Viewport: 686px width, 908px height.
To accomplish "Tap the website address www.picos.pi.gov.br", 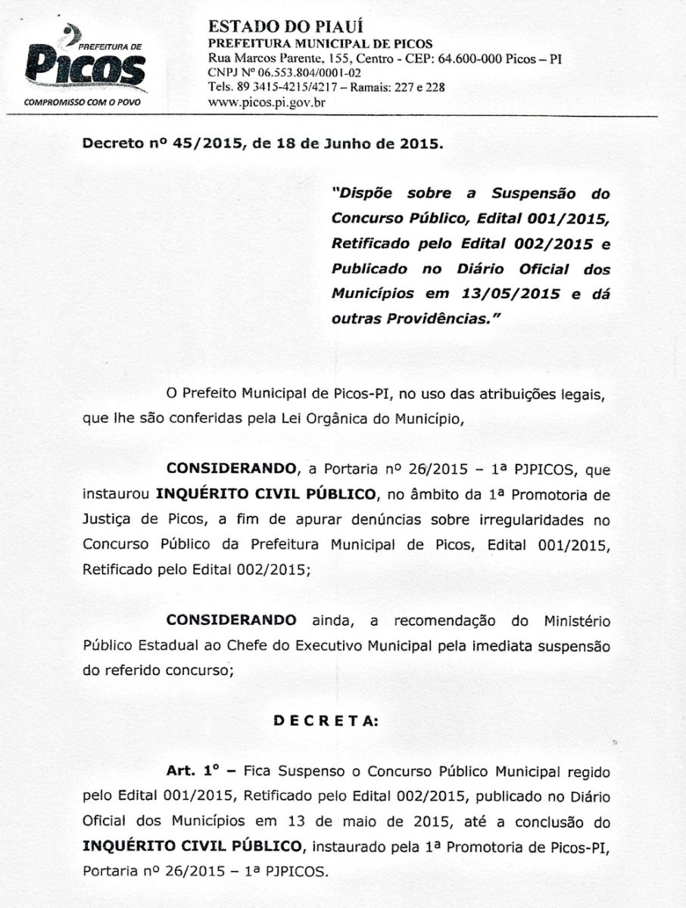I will pyautogui.click(x=266, y=101).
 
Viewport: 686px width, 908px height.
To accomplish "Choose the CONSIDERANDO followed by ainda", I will pyautogui.click(x=231, y=620).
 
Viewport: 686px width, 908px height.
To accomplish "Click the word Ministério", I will pyautogui.click(x=576, y=621).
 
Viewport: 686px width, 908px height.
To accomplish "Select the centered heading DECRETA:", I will pyautogui.click(x=326, y=721).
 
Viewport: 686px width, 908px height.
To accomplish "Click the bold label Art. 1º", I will pyautogui.click(x=192, y=772).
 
